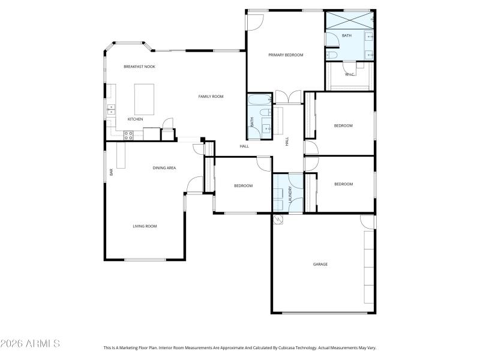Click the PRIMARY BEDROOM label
tap(286, 55)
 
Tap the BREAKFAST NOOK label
tap(139, 67)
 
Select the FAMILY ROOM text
tap(211, 96)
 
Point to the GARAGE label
tap(320, 264)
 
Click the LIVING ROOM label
tap(145, 226)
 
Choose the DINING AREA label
tap(164, 168)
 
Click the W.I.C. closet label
tap(350, 74)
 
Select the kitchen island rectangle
tap(144, 99)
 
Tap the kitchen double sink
tap(111, 109)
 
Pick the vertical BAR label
tap(112, 172)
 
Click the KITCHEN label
tap(135, 119)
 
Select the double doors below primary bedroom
tap(287, 96)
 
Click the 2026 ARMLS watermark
tap(30, 344)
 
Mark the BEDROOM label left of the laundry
tap(243, 185)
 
